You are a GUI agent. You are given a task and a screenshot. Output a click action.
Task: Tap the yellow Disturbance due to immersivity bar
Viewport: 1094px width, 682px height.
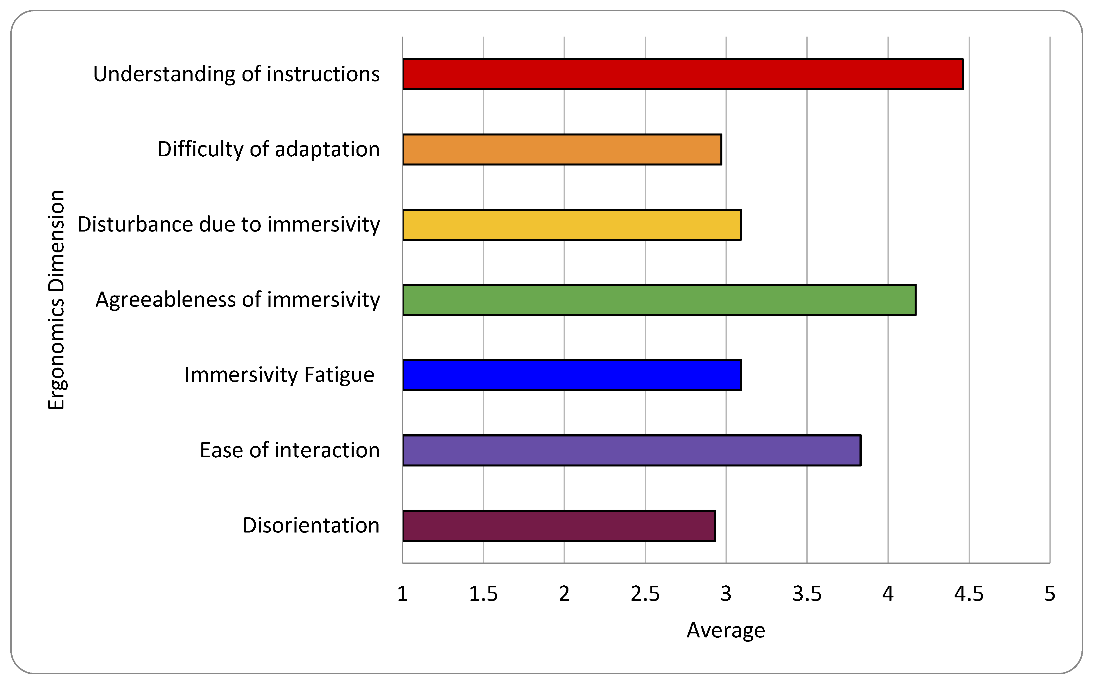572,225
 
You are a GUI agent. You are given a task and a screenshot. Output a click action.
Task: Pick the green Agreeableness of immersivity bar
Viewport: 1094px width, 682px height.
659,300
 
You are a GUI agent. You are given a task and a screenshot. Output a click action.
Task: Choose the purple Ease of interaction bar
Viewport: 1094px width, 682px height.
632,450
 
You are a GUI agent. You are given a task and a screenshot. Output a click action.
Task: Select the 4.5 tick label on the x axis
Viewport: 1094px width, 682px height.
969,594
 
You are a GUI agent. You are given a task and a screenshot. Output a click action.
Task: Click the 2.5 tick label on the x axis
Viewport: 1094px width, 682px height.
645,594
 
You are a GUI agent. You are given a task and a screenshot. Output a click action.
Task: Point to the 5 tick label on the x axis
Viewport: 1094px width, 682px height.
1050,594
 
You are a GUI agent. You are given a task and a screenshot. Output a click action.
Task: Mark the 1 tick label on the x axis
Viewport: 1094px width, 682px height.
402,594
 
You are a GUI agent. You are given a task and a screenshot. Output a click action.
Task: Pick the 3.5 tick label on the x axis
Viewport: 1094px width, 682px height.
807,594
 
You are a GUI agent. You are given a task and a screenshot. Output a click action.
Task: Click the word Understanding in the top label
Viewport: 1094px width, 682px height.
164,74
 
